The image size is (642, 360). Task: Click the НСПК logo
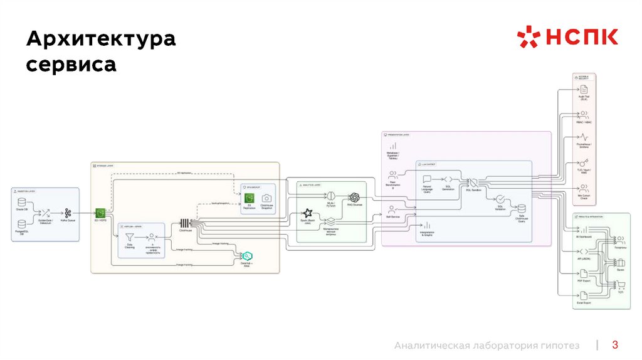pos(567,37)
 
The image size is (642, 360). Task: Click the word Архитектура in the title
pos(100,40)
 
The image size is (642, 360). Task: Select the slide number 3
pos(615,344)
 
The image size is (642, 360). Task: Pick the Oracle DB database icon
pos(22,203)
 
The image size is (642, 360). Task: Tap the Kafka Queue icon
pos(68,213)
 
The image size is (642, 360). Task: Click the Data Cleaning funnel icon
pos(130,238)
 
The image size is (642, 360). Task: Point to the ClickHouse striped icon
pos(185,223)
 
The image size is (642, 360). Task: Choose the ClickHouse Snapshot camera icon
pos(266,198)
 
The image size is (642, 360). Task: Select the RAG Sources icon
pos(354,197)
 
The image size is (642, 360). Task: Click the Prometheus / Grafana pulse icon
pos(583,137)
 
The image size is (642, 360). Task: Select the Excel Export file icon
pos(583,295)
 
